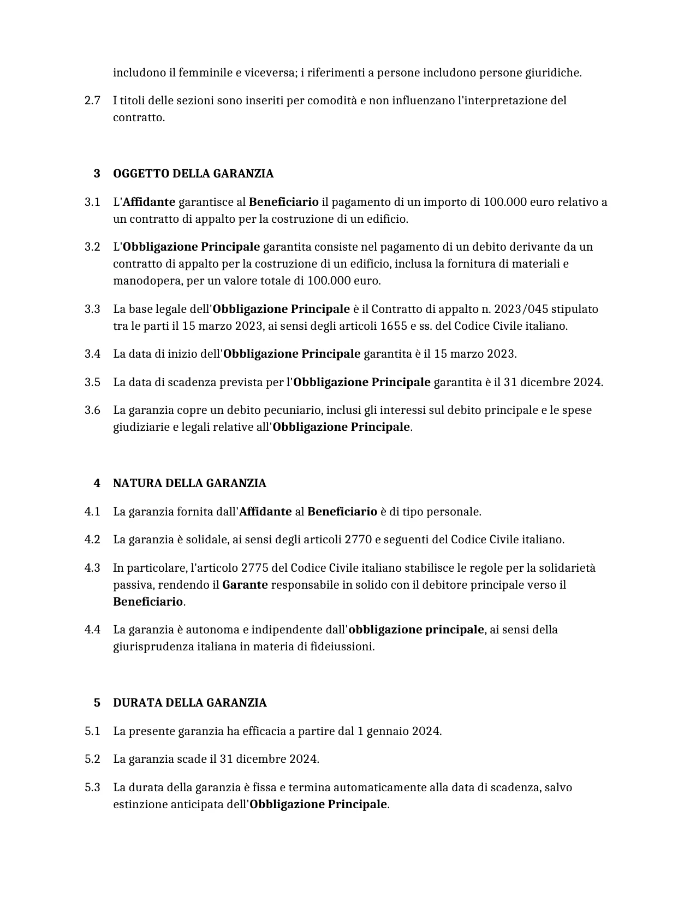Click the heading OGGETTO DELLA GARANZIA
pyautogui.click(x=193, y=174)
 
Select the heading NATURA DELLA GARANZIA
pyautogui.click(x=189, y=483)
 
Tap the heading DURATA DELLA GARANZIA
pyautogui.click(x=189, y=703)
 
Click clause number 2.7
pyautogui.click(x=92, y=100)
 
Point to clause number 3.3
pyautogui.click(x=92, y=309)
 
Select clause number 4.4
pyautogui.click(x=92, y=630)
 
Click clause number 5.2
pyautogui.click(x=92, y=759)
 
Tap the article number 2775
pyautogui.click(x=254, y=568)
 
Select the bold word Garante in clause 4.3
pyautogui.click(x=245, y=585)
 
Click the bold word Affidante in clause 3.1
pyautogui.click(x=149, y=202)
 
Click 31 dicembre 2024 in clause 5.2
pyautogui.click(x=269, y=759)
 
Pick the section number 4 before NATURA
pyautogui.click(x=97, y=483)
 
